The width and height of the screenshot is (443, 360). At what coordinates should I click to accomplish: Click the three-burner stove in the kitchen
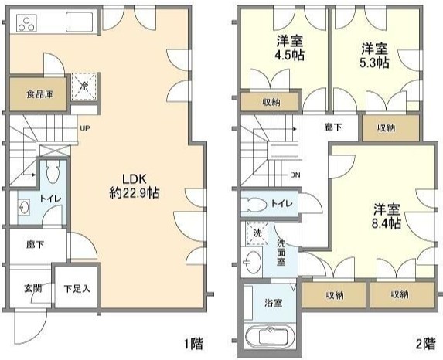pos(26,23)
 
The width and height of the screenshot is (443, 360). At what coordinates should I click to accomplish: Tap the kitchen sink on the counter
pos(80,22)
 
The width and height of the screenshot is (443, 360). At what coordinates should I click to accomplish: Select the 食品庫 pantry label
pos(39,94)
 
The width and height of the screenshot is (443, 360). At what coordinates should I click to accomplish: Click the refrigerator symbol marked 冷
pos(84,87)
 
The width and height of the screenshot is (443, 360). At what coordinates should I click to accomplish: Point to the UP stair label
pos(85,128)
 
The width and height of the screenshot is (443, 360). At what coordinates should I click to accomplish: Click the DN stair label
pos(295,175)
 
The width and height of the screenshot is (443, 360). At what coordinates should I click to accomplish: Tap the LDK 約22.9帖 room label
pos(135,186)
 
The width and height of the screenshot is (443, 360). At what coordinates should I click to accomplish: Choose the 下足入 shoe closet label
pos(77,289)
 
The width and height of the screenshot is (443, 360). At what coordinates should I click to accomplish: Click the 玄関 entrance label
pos(33,288)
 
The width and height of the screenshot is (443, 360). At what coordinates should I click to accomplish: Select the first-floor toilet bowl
pos(53,172)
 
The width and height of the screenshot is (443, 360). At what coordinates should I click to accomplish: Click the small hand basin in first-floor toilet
pos(24,208)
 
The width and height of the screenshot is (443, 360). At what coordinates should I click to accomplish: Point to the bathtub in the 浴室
pos(270,337)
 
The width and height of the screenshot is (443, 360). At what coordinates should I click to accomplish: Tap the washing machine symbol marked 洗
pos(257,233)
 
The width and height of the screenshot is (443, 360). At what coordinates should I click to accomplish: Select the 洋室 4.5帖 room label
pos(290,48)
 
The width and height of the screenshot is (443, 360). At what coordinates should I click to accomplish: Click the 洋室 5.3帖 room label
pos(375,56)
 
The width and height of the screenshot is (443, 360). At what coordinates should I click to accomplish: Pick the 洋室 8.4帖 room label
pos(387,216)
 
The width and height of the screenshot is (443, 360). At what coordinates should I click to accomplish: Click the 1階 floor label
pos(194,344)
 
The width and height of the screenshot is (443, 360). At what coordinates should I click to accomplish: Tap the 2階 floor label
pos(425,344)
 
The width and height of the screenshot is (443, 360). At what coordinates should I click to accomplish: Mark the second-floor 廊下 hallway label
pos(333,127)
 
